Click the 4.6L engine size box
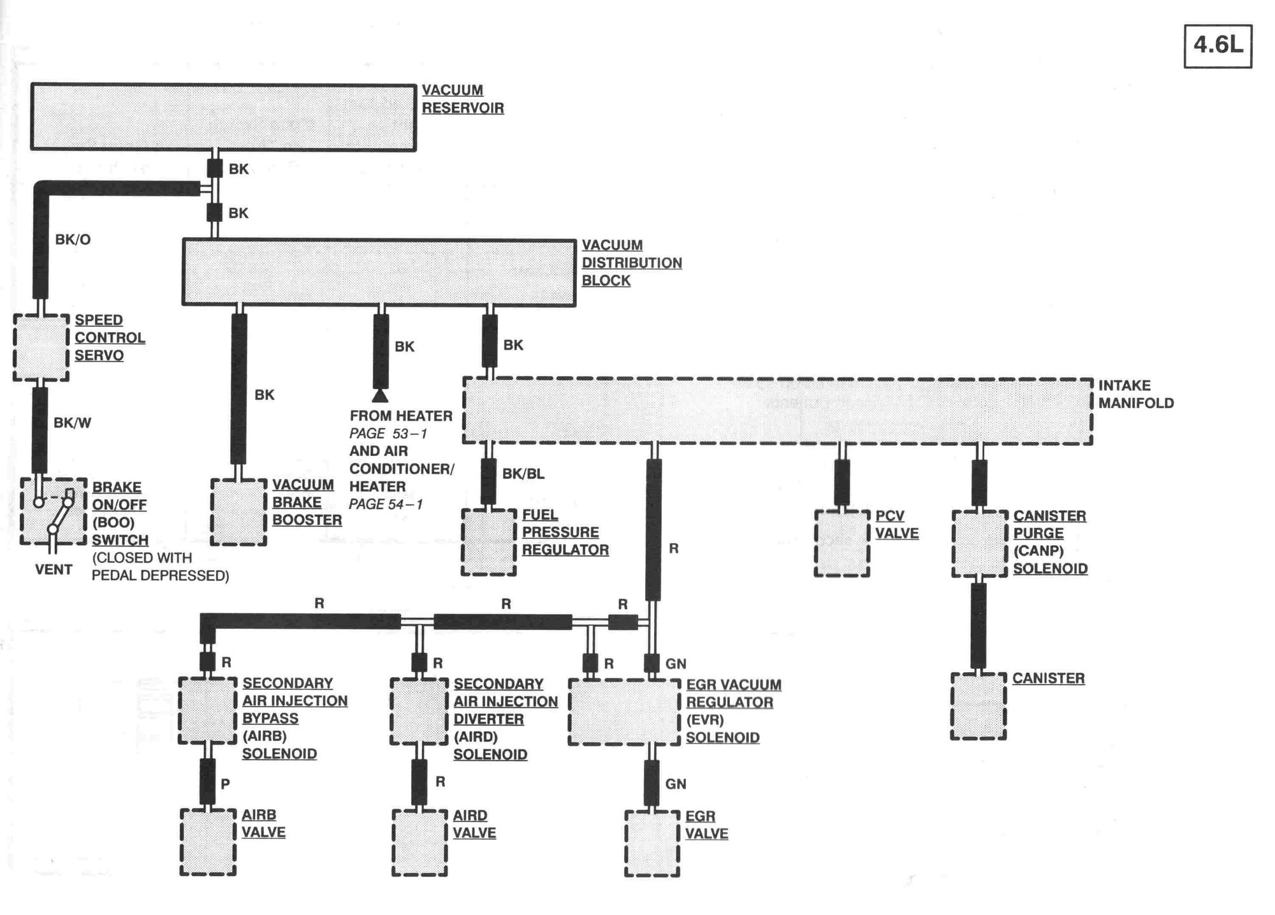(x=1218, y=46)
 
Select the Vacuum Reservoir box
(x=223, y=117)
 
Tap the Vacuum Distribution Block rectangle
(x=379, y=272)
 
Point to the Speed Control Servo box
(x=41, y=348)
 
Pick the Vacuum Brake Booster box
(x=238, y=512)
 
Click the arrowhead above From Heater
(x=380, y=396)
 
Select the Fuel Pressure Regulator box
(x=488, y=542)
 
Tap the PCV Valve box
(x=841, y=543)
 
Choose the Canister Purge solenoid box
(x=979, y=543)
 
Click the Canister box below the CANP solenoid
(x=978, y=706)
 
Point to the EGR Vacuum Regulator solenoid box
(x=624, y=712)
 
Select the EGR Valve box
(x=652, y=844)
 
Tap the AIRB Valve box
(x=208, y=842)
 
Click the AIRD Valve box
(x=419, y=842)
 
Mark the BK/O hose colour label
(x=73, y=240)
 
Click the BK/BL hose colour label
(x=523, y=474)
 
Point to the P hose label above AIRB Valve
(x=225, y=784)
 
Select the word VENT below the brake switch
(x=54, y=569)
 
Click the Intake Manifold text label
(x=1135, y=394)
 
